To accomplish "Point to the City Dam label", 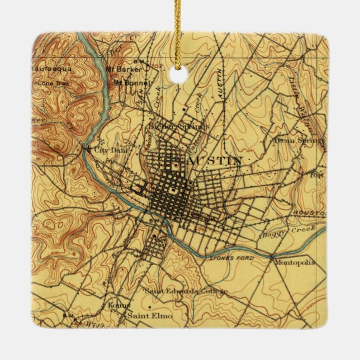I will point(111,150).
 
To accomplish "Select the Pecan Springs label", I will point(299,141).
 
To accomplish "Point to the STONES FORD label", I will point(231,258).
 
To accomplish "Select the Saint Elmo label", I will point(150,316).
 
